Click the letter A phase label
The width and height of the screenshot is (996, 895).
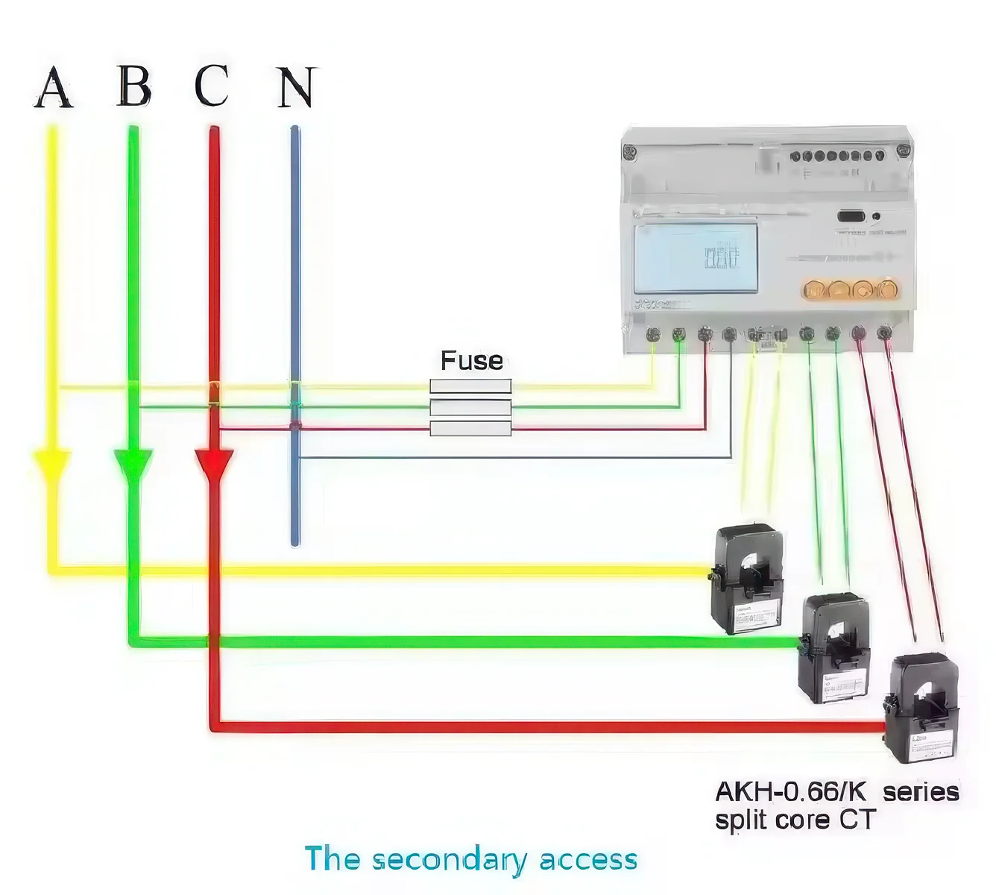(54, 87)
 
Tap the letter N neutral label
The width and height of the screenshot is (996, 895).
(297, 87)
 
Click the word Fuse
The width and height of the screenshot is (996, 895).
(471, 361)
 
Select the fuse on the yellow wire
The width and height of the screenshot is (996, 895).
(470, 386)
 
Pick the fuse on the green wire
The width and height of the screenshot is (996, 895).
(470, 407)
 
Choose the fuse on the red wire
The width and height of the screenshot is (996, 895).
(470, 428)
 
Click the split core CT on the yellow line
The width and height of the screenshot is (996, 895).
(748, 579)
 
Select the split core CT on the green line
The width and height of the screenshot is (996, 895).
(834, 647)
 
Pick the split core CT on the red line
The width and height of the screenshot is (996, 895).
(921, 708)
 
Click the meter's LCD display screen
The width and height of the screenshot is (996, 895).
(696, 257)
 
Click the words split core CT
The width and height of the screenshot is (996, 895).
(795, 820)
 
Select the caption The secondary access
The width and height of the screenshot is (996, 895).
(471, 859)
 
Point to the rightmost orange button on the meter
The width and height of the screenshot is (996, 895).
(887, 289)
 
